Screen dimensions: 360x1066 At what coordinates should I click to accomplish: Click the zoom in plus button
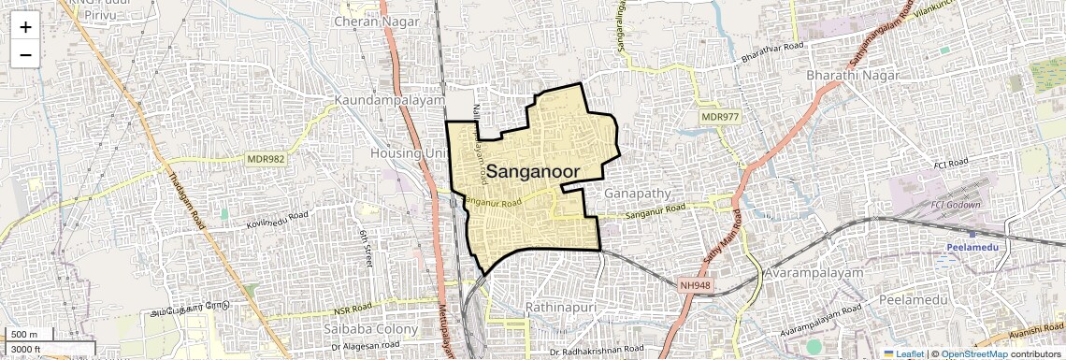click(x=25, y=26)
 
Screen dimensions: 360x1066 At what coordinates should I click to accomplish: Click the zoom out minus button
click(x=25, y=54)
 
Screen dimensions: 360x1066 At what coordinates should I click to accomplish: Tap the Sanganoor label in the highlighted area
click(x=532, y=171)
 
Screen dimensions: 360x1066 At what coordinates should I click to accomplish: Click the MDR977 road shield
click(x=721, y=117)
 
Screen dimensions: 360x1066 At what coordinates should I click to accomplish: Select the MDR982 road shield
click(x=266, y=159)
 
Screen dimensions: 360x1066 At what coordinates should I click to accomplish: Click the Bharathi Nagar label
click(x=852, y=75)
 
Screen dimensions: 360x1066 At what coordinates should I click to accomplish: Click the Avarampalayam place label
click(x=814, y=272)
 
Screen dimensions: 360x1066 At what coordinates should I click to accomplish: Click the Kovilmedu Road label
click(x=277, y=220)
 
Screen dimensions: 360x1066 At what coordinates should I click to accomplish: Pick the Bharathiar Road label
click(x=772, y=51)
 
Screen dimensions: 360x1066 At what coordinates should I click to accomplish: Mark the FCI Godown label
click(x=956, y=205)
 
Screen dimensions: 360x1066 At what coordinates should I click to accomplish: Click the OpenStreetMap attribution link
click(x=973, y=353)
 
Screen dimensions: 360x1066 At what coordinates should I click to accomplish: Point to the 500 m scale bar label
click(x=24, y=335)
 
